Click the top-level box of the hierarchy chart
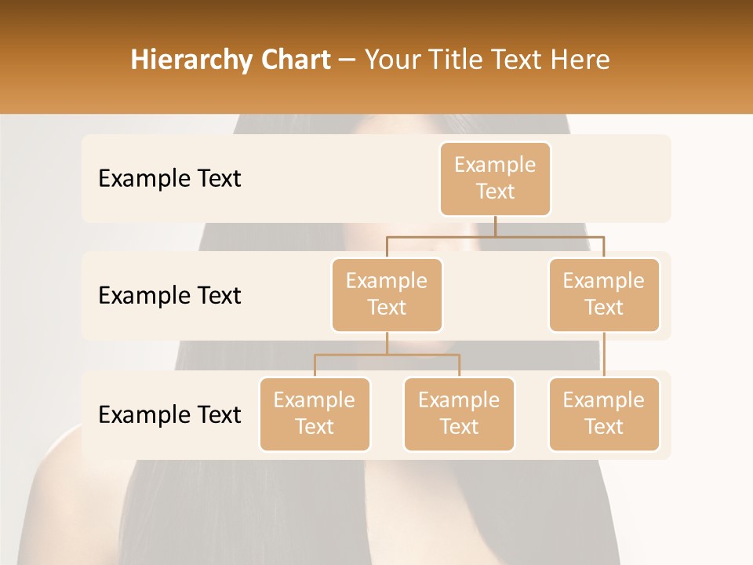[x=495, y=178]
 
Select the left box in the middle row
[x=387, y=294]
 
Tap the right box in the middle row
[x=604, y=294]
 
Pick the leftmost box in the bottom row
[x=315, y=414]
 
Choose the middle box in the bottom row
[x=459, y=414]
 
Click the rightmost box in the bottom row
[x=604, y=414]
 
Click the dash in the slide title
[x=347, y=60]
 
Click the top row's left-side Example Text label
[x=169, y=178]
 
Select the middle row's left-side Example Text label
[x=169, y=295]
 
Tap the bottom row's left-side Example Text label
[x=169, y=414]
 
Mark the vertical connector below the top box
[x=495, y=225]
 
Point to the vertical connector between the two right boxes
[x=604, y=355]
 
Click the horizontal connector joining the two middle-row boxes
[x=495, y=235]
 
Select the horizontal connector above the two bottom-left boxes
[x=387, y=355]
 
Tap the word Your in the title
[x=393, y=60]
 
